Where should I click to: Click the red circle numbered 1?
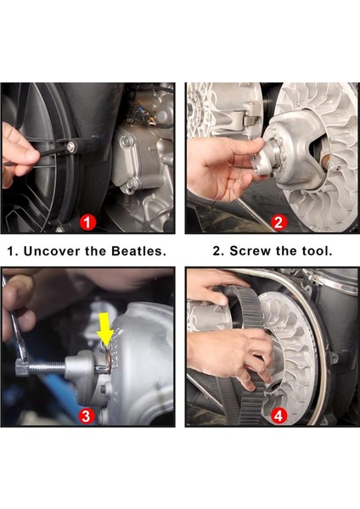click(x=87, y=223)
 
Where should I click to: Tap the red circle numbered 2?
click(x=278, y=223)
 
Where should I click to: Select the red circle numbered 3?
click(x=86, y=416)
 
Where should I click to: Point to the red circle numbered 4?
click(x=278, y=416)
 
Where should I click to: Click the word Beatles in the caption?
click(x=138, y=251)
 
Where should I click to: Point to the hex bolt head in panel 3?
click(x=22, y=369)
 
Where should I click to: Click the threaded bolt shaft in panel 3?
click(x=47, y=367)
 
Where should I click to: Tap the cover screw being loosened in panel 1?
click(x=72, y=147)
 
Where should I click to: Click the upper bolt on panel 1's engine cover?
click(x=126, y=142)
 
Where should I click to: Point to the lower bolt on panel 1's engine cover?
click(x=132, y=184)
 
